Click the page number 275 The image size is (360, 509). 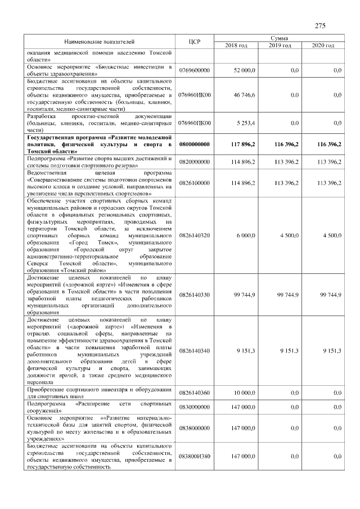(x=320, y=26)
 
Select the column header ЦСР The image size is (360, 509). (x=195, y=42)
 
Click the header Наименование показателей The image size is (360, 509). (x=99, y=42)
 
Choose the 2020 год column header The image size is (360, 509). (x=322, y=45)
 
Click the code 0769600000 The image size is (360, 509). (x=195, y=70)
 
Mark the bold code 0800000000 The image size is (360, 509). (x=195, y=144)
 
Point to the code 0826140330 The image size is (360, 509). (x=195, y=294)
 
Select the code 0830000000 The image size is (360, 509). (x=195, y=407)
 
